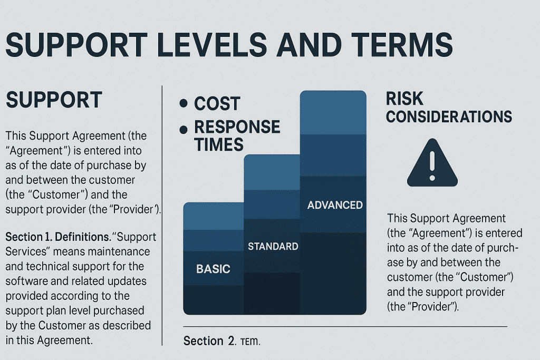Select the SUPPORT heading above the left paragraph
[x=53, y=100]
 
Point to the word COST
[x=217, y=104]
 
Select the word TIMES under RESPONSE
[x=219, y=144]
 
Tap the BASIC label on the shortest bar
[x=213, y=269]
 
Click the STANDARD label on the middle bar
[x=273, y=246]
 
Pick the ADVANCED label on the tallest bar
[x=335, y=205]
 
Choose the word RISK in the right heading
[x=404, y=99]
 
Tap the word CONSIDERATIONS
[x=449, y=116]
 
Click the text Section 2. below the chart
[x=209, y=341]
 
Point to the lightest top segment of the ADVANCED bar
[x=333, y=112]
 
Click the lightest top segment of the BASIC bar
[x=213, y=216]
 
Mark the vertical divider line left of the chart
[x=161, y=211]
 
